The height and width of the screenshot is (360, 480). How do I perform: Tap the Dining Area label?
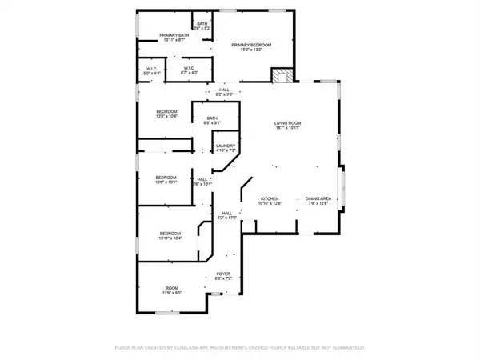(318, 200)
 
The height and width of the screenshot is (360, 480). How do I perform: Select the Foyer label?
(223, 274)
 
